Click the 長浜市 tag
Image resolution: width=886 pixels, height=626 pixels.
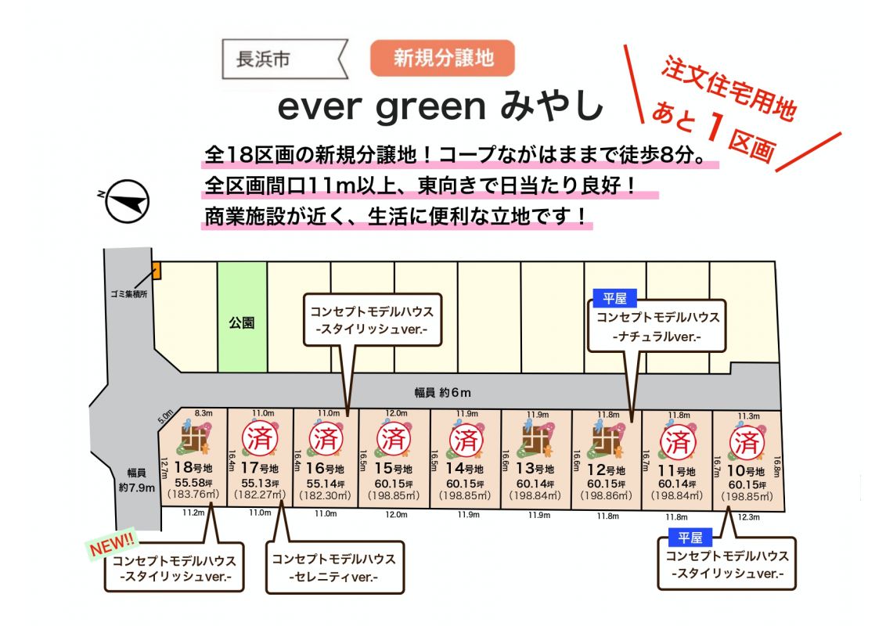284,59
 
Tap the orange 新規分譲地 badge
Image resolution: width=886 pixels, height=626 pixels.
442,58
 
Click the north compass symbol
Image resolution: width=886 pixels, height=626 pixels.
127,201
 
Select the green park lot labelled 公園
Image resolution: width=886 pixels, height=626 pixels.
243,317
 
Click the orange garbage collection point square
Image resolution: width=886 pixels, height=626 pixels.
157,271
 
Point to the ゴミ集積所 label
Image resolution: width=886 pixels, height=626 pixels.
129,294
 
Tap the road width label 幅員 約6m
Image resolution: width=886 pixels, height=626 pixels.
442,393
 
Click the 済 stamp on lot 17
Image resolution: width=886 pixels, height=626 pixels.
260,439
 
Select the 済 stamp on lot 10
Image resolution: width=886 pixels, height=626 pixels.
747,442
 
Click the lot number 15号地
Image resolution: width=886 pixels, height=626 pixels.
393,469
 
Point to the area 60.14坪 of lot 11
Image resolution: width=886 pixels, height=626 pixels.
676,484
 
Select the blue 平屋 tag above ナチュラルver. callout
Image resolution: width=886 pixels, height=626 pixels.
614,298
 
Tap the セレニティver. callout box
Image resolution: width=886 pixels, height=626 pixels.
335,568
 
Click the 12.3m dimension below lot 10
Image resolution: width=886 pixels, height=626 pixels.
749,517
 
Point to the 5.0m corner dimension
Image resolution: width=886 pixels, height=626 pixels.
166,417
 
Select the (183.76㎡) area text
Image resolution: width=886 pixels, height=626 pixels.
193,495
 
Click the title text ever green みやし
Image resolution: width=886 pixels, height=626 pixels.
441,106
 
